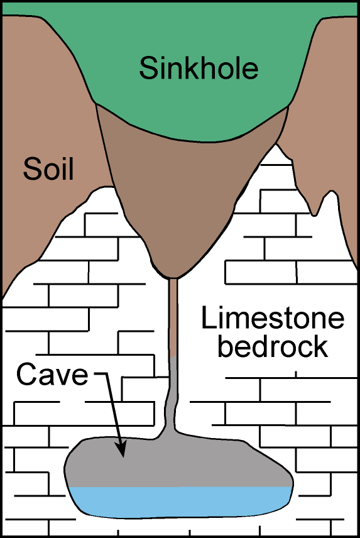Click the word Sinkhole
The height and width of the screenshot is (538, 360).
tap(199, 68)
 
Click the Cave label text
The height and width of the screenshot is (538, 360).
tap(52, 375)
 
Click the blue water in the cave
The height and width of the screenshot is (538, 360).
tap(182, 502)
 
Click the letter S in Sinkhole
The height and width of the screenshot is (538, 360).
tap(148, 68)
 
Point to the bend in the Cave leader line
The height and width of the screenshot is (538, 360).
tap(107, 375)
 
